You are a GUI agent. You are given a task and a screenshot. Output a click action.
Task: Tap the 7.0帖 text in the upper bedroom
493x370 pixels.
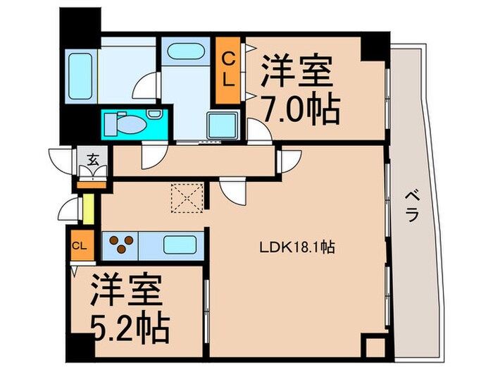(301, 109)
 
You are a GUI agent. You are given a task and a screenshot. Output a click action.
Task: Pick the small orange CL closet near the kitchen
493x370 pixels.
(79, 245)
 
